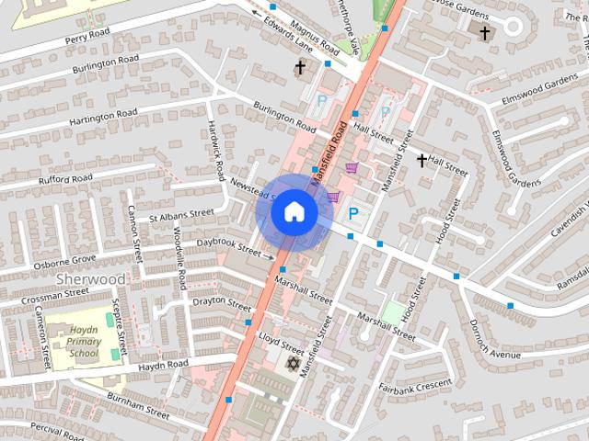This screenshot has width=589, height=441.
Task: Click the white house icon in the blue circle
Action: click(x=293, y=212)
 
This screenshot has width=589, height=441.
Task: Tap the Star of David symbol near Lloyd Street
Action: click(x=294, y=365)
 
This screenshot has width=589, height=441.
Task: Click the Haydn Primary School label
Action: click(x=70, y=341)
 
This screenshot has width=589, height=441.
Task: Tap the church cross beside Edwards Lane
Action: click(x=299, y=68)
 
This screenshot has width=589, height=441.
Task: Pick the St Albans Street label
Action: click(x=180, y=213)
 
